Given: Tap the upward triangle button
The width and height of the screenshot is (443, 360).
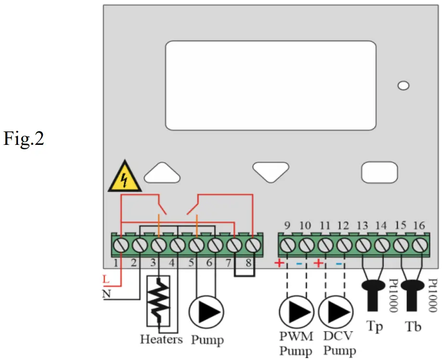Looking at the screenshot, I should coord(161,173).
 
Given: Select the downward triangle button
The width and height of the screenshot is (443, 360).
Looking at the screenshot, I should coord(271,171).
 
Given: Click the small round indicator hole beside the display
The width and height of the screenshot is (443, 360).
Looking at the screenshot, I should coord(404,86).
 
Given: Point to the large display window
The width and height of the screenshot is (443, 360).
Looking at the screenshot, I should coord(270,85).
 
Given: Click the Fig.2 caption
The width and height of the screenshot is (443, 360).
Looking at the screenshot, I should coord(24,140).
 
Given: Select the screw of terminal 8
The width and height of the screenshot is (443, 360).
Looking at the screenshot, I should coord(253,246).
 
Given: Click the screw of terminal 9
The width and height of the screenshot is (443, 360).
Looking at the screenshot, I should coord(287,246).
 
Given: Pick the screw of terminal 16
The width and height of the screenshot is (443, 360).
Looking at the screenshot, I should coord(420,246).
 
